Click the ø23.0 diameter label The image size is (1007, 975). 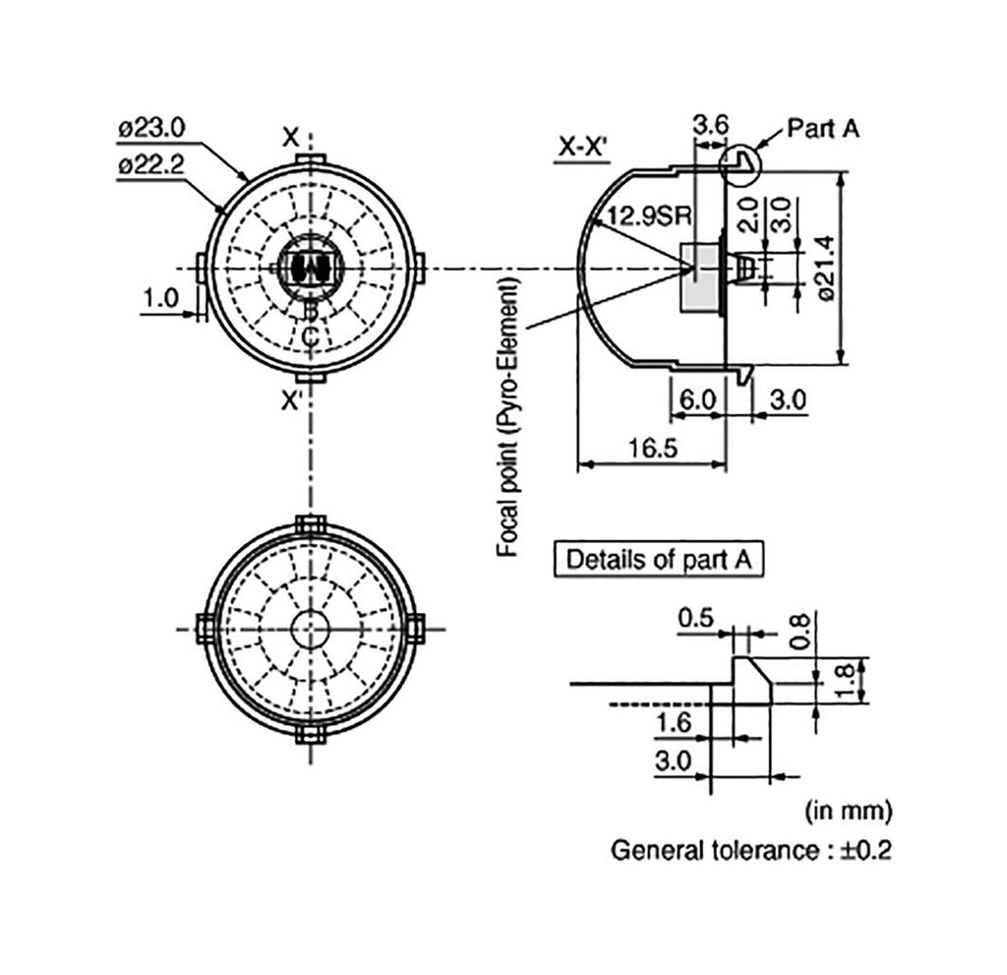point(151,128)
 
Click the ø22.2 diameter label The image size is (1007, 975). point(151,164)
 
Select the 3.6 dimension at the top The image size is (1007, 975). point(710,125)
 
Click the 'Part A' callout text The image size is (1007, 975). point(823,128)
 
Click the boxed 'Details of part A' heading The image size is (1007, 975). point(659,560)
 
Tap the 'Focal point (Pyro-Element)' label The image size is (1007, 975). point(507,416)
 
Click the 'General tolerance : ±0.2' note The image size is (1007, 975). point(751,850)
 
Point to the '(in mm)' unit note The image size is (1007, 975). point(849,812)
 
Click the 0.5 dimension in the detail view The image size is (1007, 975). point(694,619)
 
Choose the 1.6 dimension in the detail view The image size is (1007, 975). point(673,723)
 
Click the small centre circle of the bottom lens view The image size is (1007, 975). point(310,630)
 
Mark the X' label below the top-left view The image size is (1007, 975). point(292,401)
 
